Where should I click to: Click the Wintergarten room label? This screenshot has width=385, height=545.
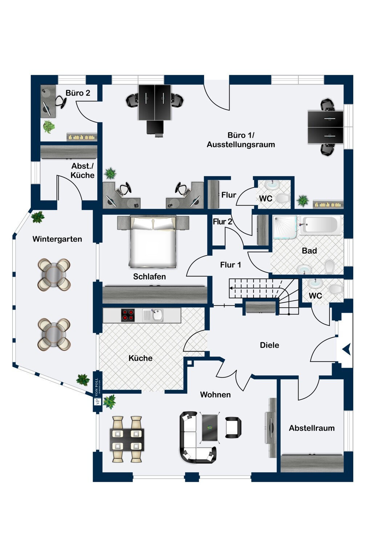click(57, 239)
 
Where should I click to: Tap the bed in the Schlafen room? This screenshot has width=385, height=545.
click(153, 242)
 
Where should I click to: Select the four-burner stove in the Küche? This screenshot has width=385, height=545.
click(127, 315)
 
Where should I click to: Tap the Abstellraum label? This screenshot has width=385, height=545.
click(312, 428)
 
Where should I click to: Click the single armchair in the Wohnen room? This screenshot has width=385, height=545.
click(233, 427)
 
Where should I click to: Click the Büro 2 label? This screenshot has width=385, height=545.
click(78, 93)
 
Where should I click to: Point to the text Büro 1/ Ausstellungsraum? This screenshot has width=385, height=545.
click(241, 140)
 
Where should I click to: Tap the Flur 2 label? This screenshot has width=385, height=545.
click(222, 222)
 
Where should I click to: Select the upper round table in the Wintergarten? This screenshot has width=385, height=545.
click(54, 274)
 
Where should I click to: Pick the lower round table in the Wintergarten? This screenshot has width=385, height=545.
click(54, 334)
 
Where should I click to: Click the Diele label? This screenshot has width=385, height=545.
click(269, 345)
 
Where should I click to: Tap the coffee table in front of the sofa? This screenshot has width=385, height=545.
click(210, 427)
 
